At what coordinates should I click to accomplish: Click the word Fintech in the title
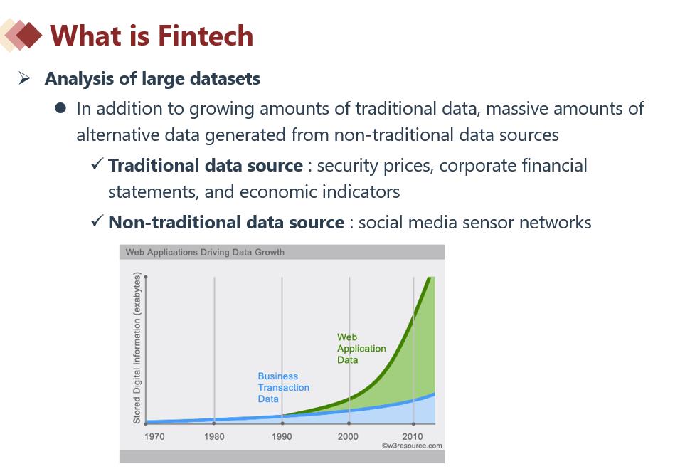point(206,36)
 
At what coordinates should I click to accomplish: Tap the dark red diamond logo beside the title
point(28,35)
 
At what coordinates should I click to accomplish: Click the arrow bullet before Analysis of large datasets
point(24,78)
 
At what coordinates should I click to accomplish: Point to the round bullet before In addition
point(60,108)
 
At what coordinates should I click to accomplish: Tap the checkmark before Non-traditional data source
point(97,221)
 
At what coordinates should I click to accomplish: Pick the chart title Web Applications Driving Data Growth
point(205,252)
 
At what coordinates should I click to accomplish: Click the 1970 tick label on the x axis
point(154,436)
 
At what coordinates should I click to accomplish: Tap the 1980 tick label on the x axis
point(214,436)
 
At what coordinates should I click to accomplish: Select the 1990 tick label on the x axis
point(282,436)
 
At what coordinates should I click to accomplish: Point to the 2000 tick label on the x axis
point(348,436)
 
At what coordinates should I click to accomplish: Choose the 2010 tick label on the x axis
point(413,436)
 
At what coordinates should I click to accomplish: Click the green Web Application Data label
point(361,348)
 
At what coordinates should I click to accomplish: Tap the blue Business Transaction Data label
point(283,387)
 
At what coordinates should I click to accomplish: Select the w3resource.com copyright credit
point(412,446)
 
